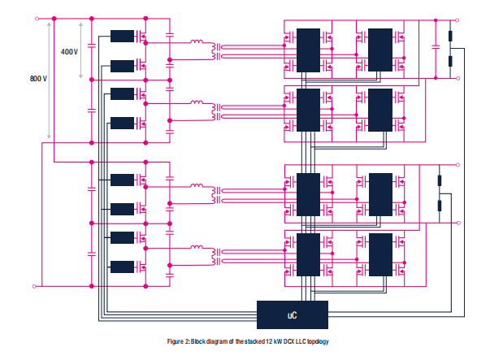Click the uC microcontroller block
[x=293, y=312]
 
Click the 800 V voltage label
[x=38, y=79]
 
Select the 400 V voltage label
[x=69, y=52]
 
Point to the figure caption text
[x=245, y=342]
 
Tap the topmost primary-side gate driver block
[x=123, y=36]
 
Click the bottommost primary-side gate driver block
[x=123, y=267]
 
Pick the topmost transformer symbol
[x=216, y=50]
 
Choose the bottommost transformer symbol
[x=216, y=256]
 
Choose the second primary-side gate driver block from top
[x=123, y=65]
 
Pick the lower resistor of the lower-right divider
[x=440, y=204]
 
